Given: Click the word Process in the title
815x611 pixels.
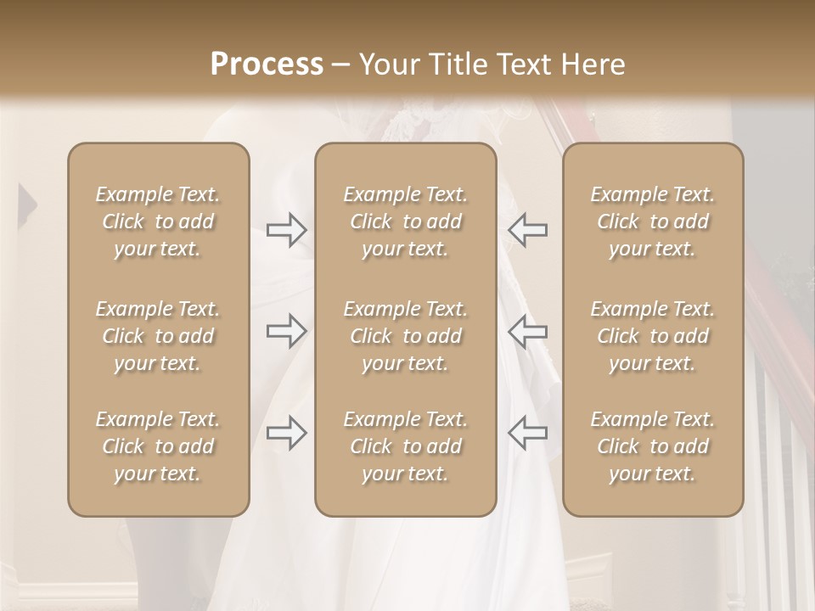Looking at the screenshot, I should [x=267, y=64].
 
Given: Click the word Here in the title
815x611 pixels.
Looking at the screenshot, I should [x=592, y=64].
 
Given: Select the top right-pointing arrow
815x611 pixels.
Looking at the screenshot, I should [x=287, y=230].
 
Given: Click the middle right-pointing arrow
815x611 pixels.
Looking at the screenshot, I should [x=287, y=332].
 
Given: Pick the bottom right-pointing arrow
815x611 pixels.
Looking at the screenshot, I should [x=287, y=433].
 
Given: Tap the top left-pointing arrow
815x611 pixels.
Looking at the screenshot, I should [x=527, y=230].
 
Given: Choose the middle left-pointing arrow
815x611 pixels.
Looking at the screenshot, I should [x=527, y=332].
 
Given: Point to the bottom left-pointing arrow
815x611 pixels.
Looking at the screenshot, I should [x=527, y=433].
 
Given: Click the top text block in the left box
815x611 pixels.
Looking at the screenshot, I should [x=158, y=221].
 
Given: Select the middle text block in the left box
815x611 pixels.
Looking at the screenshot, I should [x=158, y=336].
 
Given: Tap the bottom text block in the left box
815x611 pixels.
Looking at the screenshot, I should [x=158, y=446].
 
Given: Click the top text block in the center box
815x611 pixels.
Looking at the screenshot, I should [x=405, y=221].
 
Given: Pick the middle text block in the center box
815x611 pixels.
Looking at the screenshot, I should [x=405, y=336].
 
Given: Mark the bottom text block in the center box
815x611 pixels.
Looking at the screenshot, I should [x=405, y=446].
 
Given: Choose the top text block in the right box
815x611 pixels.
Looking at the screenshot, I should [x=653, y=221].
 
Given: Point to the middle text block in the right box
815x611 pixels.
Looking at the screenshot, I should [x=653, y=336].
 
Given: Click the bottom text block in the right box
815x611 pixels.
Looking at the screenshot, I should [x=653, y=446].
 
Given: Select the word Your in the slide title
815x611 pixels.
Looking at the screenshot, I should [x=387, y=64].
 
